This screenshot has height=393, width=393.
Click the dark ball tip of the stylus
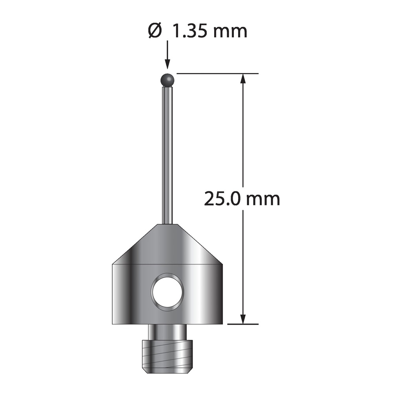point(167,80)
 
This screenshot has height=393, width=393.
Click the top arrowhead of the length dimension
point(242,79)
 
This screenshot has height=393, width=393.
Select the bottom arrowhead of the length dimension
point(242,319)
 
